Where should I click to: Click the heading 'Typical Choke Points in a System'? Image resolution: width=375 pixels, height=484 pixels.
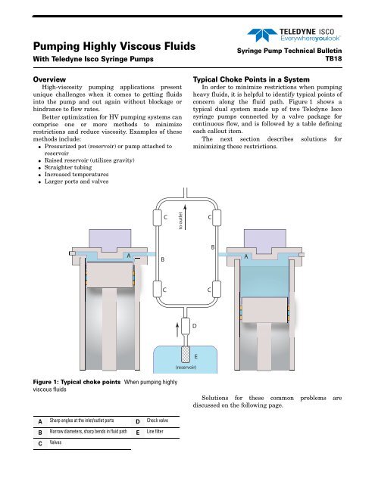(260, 79)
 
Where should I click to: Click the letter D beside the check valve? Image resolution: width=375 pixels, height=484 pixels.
(195, 325)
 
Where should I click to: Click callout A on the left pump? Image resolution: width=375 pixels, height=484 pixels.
(129, 256)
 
